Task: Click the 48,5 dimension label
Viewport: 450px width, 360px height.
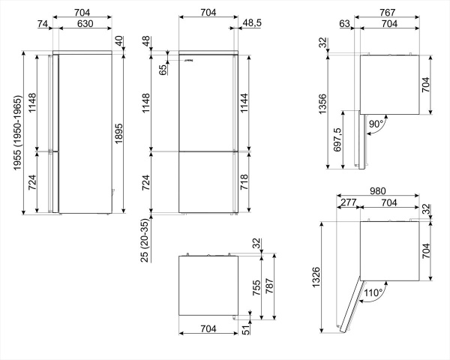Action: point(252,24)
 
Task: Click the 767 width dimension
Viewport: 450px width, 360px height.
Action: point(387,12)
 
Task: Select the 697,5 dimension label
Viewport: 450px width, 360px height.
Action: point(336,141)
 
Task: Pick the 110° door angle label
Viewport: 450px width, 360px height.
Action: point(373,292)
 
